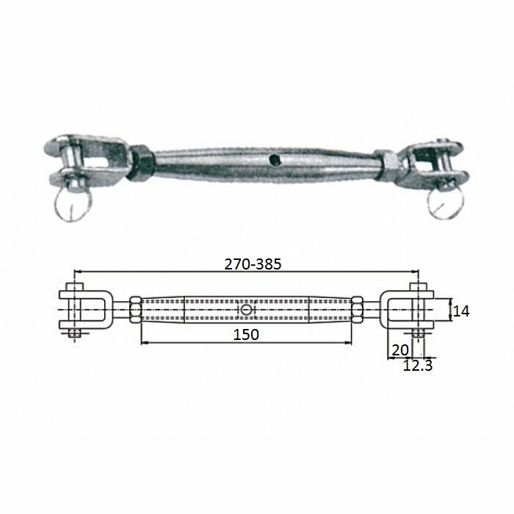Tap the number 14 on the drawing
(x=460, y=311)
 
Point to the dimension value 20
(x=399, y=350)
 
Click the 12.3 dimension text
(x=417, y=363)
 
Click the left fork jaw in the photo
(x=81, y=159)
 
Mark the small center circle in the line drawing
(x=246, y=311)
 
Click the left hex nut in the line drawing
(x=134, y=311)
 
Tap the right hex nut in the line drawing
(x=358, y=311)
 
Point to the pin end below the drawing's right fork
(x=416, y=335)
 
